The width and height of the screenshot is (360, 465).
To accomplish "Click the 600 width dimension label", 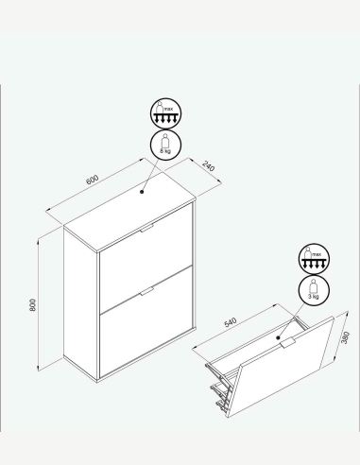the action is (x=92, y=180).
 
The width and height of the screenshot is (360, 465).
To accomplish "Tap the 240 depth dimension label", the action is (x=209, y=166).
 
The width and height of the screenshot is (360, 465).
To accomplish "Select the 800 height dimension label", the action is (x=33, y=305).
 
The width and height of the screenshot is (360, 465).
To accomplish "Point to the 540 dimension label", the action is (x=231, y=322).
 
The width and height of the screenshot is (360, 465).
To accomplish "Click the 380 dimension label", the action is (x=346, y=337).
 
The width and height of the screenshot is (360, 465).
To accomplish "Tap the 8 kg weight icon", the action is (x=165, y=145).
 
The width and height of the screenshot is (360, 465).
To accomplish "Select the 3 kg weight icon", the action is (x=314, y=290).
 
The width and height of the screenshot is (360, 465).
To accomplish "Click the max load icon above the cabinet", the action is (x=165, y=113).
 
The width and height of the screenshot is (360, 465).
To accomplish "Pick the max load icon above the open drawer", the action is (x=314, y=259).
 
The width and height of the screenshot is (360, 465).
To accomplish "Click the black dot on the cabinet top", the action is (x=142, y=192).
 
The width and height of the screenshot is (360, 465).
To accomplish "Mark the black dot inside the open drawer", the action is (x=278, y=337).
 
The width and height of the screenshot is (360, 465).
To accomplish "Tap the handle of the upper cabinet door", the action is (x=146, y=228).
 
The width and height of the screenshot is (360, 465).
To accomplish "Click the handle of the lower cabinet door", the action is (x=146, y=292).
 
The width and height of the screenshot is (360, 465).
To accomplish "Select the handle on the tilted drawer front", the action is (x=287, y=342).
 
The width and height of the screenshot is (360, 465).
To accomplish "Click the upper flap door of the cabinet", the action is (x=146, y=258).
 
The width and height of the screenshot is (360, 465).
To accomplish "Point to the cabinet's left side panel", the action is (x=80, y=301).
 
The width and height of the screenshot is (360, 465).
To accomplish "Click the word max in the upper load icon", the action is (x=168, y=109).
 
